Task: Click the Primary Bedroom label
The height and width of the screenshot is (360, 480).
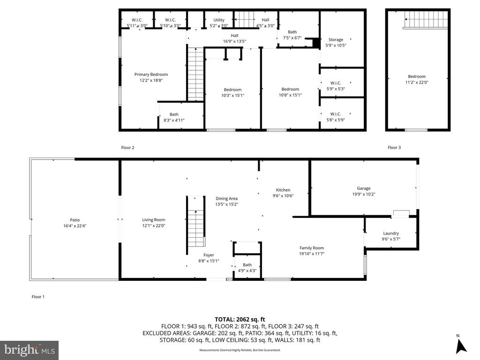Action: [151, 75]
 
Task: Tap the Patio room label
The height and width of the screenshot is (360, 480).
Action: [75, 220]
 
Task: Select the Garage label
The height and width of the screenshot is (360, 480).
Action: [363, 188]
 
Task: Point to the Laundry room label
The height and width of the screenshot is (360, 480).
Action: [391, 233]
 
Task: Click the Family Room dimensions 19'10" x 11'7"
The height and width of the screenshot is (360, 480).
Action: [312, 254]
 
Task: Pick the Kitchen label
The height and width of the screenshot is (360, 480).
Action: [283, 190]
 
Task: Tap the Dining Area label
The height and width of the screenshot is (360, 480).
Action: [226, 198]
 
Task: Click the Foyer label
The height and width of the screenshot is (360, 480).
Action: [209, 255]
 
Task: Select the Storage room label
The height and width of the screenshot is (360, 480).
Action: [336, 40]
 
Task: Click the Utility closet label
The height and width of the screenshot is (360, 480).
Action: [219, 20]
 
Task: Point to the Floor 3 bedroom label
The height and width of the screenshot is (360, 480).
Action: [416, 76]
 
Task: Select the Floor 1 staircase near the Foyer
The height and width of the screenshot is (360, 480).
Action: [196, 222]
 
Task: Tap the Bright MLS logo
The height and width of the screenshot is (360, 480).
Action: [30, 350]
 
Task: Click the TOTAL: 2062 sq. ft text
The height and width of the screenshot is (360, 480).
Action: [240, 319]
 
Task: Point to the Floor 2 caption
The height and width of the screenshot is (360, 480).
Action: [127, 148]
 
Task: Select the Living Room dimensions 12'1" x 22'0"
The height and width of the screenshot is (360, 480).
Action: [154, 225]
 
